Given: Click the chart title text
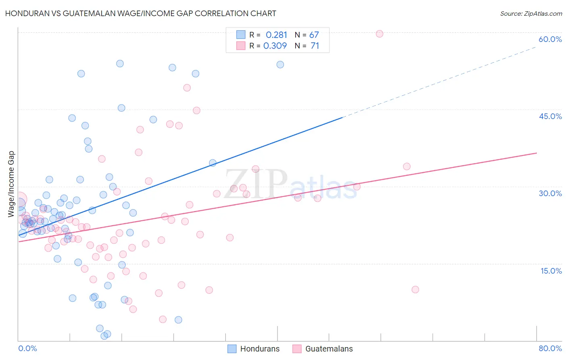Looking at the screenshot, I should (x=140, y=13).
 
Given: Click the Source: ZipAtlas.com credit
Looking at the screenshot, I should (x=531, y=14).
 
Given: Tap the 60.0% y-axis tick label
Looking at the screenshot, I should (x=550, y=39).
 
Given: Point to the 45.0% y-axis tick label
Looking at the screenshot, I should (x=550, y=116).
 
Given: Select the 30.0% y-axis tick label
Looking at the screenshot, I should (x=550, y=193).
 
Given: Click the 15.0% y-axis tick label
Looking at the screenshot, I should (x=551, y=271).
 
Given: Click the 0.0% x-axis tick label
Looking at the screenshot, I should (x=27, y=348).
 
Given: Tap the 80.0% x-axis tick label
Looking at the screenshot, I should (x=550, y=348).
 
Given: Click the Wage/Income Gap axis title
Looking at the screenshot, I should (x=11, y=184).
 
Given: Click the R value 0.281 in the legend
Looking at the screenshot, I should (x=276, y=35).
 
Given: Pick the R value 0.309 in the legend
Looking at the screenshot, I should (x=275, y=46).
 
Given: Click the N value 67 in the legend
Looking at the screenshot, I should (x=314, y=35).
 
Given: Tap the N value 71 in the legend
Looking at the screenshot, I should (x=315, y=46).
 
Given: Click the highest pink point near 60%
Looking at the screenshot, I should (x=379, y=34).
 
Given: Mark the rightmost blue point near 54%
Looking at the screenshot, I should (x=280, y=65).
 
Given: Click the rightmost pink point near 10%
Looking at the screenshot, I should (x=415, y=289).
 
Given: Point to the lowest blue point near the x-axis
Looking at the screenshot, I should (x=104, y=336).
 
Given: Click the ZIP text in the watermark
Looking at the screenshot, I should (x=256, y=184).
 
